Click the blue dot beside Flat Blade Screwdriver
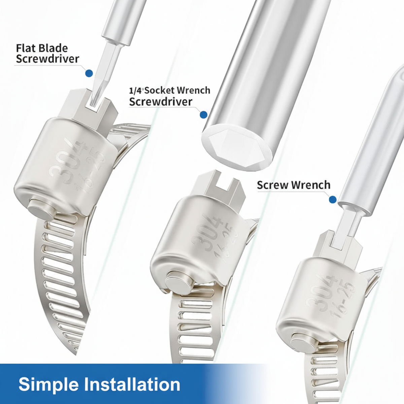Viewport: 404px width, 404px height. (x=89, y=73)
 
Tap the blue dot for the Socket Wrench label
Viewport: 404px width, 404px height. (x=204, y=115)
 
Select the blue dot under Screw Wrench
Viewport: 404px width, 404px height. (x=333, y=199)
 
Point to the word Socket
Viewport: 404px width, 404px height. (x=160, y=91)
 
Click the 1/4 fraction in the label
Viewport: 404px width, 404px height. (x=136, y=91)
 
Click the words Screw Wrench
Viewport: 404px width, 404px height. (x=294, y=185)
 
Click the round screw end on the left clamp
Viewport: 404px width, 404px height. (x=40, y=209)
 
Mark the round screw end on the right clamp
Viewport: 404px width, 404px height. (x=302, y=344)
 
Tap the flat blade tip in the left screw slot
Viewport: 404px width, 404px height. (x=94, y=101)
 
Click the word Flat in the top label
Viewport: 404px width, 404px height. (x=26, y=48)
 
